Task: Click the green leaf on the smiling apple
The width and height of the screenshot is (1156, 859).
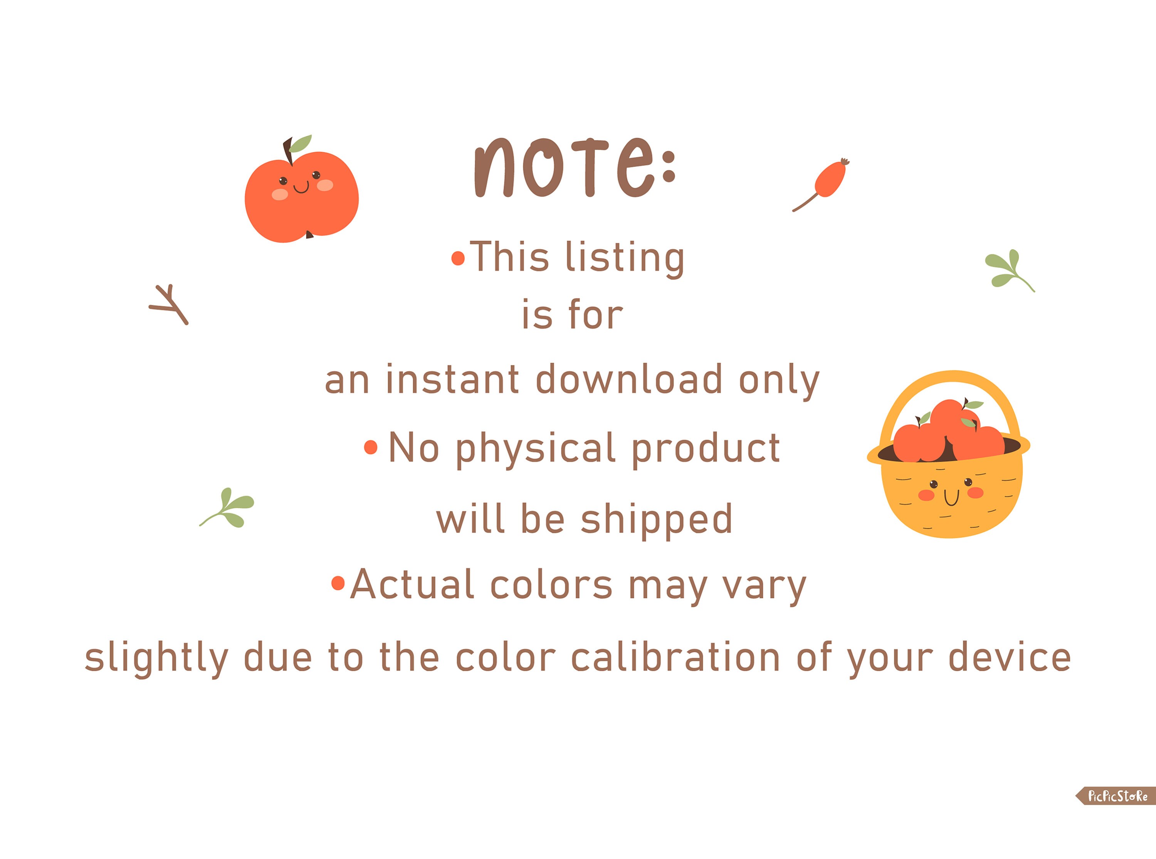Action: [301, 143]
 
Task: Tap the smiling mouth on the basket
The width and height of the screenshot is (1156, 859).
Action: [951, 498]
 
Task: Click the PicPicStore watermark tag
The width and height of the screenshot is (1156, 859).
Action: [1117, 795]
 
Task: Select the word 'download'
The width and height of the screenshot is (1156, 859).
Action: [628, 379]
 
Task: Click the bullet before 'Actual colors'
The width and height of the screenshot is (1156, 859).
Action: [338, 583]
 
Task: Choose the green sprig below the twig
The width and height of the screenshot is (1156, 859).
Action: [230, 507]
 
